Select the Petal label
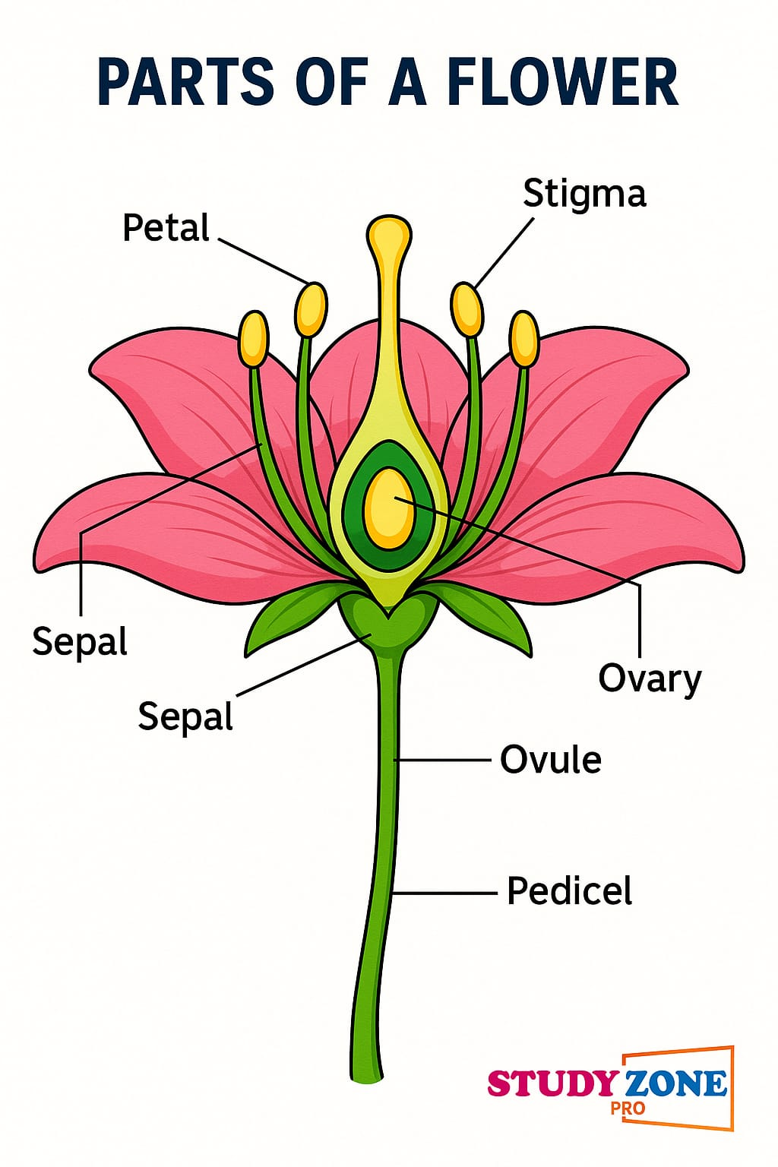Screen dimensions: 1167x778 (166, 228)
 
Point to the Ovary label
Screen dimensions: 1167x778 (650, 678)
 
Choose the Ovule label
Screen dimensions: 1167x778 (551, 760)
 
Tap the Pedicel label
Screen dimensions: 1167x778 (569, 891)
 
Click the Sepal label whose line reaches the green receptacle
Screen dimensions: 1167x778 (185, 716)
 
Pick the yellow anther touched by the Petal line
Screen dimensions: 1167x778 (311, 309)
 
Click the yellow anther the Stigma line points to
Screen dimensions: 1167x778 (467, 309)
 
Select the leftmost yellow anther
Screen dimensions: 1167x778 (254, 339)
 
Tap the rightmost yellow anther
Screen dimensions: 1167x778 (524, 339)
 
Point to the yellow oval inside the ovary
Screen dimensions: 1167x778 (389, 508)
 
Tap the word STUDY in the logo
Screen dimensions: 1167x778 (552, 1083)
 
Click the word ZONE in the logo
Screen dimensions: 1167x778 (675, 1083)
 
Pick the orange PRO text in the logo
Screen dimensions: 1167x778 (628, 1108)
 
